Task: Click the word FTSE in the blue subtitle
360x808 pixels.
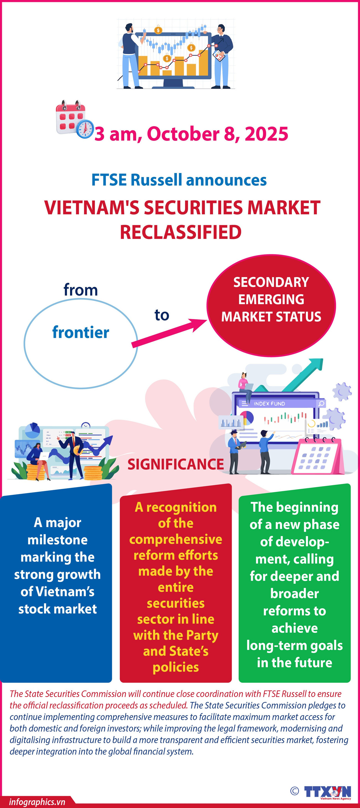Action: [109, 180]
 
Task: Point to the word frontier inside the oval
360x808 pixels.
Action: [81, 333]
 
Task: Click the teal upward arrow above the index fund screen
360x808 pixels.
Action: [304, 375]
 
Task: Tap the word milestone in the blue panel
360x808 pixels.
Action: [57, 540]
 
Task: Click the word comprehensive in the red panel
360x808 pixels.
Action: [176, 539]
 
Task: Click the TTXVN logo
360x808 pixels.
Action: [327, 792]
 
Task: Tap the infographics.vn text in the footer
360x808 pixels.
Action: [37, 802]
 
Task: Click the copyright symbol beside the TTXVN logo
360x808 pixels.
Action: [294, 791]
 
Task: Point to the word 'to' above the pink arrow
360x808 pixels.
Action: [161, 315]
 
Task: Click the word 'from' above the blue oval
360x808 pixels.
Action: [81, 290]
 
